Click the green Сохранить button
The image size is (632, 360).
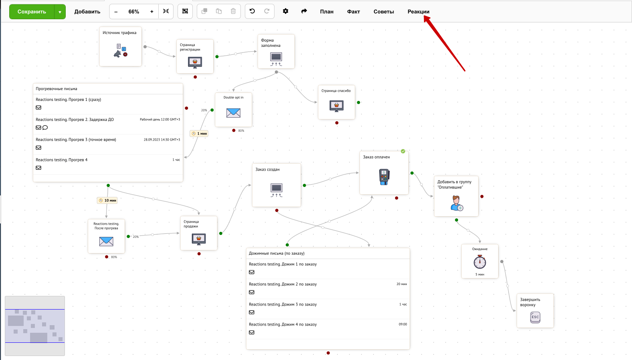click(32, 12)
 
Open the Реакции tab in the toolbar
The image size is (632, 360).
click(418, 12)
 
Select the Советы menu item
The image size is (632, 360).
click(384, 12)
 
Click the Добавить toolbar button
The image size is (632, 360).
click(87, 12)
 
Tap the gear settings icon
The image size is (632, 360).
click(285, 11)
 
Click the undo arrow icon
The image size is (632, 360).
click(252, 11)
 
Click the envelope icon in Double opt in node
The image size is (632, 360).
click(233, 113)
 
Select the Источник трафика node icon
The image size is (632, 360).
click(121, 50)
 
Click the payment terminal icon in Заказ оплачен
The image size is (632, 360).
click(384, 177)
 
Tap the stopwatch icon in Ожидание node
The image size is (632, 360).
click(480, 262)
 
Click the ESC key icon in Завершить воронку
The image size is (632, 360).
click(535, 317)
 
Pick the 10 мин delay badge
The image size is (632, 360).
click(107, 201)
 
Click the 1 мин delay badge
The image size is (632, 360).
click(199, 134)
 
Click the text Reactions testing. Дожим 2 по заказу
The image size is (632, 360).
click(283, 284)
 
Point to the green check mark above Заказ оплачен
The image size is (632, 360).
click(403, 151)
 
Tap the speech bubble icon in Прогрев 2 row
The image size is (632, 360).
click(45, 128)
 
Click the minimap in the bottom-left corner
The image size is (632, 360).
click(35, 326)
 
